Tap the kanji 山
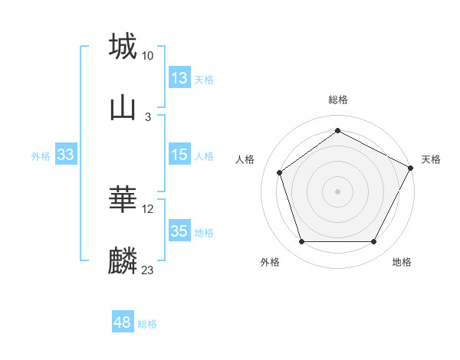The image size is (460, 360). (123, 107)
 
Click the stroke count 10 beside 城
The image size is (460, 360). (148, 55)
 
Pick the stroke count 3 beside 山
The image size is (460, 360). (148, 116)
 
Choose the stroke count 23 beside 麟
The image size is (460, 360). (148, 270)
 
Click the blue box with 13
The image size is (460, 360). (179, 78)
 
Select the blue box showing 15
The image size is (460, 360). (179, 155)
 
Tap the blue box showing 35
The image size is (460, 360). (179, 231)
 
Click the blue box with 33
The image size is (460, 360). (66, 155)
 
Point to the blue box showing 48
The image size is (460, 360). (123, 322)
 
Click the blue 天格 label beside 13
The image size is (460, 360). (204, 80)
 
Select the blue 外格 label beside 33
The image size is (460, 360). (41, 156)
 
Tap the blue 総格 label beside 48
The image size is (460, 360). (147, 324)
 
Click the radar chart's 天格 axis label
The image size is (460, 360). (431, 159)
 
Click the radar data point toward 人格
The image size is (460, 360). (280, 172)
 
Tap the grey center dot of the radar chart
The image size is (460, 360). (337, 191)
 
